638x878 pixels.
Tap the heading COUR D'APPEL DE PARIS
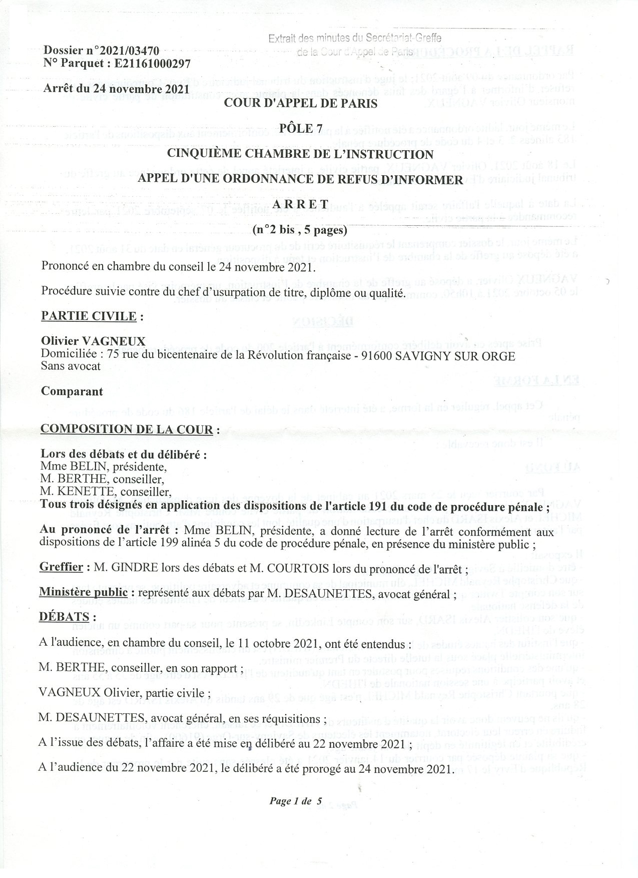point(300,104)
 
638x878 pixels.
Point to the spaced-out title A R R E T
point(300,205)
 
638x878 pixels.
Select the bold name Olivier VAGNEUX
point(93,341)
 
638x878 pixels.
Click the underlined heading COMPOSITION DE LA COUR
point(129,429)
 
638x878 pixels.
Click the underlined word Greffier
point(61,567)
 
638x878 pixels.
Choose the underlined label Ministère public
point(86,593)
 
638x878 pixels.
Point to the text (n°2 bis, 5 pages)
point(300,230)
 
